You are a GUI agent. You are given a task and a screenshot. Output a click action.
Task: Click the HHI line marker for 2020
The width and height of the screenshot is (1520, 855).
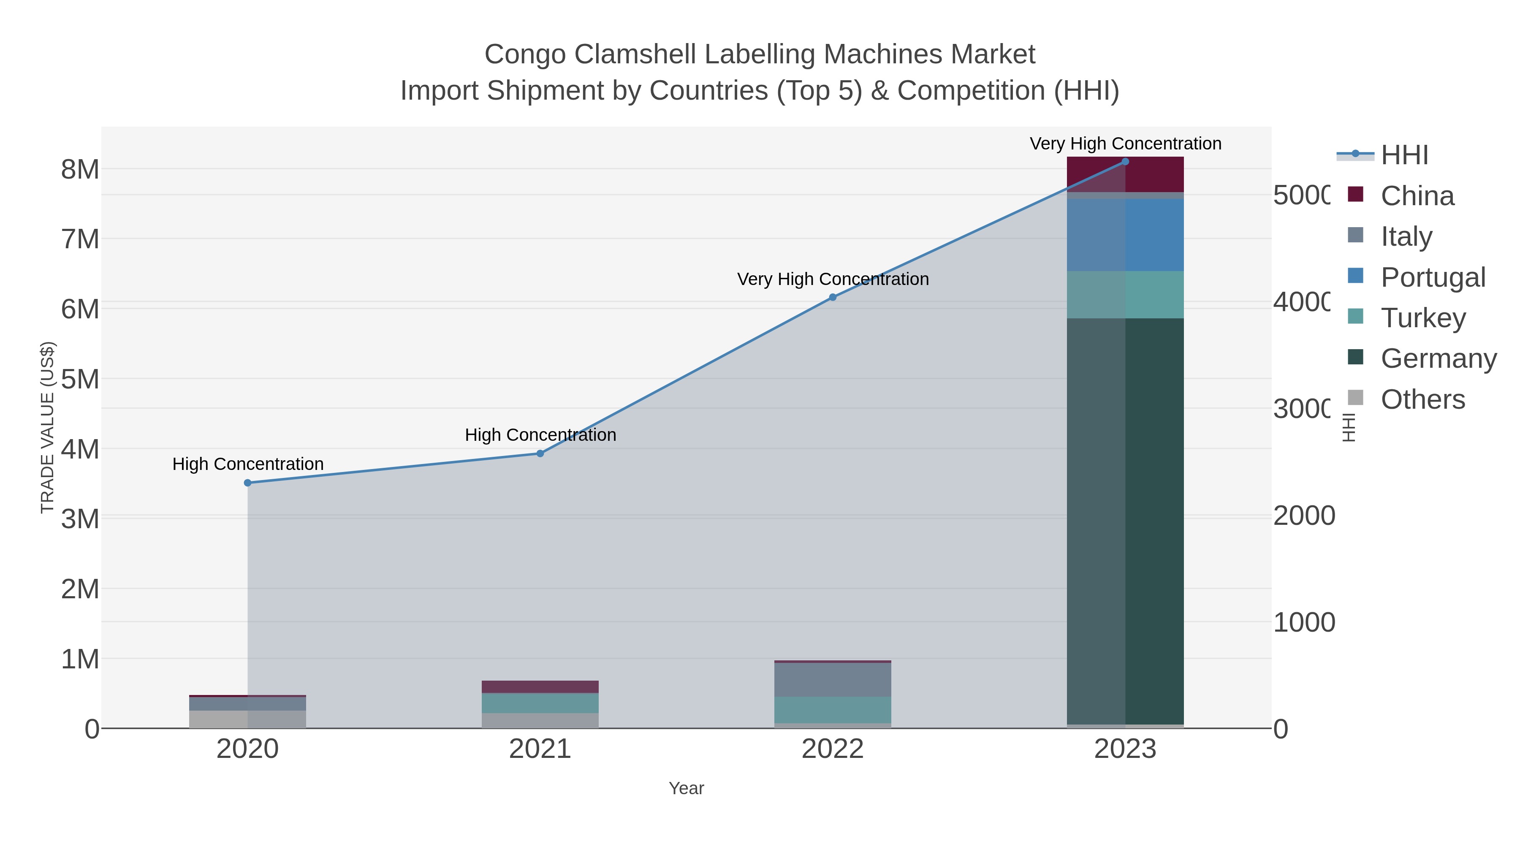click(248, 483)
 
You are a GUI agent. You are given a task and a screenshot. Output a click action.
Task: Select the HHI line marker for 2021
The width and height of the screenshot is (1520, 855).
click(540, 453)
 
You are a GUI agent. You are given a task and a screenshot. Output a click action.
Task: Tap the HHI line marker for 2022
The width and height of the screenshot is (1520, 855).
click(833, 297)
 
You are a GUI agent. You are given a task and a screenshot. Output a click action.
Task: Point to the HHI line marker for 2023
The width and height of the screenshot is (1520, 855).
click(1125, 162)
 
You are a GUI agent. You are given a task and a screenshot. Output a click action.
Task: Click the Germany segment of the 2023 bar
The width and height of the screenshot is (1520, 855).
click(1125, 519)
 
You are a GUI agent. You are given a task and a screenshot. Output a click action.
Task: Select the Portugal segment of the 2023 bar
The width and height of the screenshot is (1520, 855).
click(1125, 235)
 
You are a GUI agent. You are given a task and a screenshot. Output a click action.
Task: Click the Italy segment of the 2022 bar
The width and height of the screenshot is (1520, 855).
click(833, 679)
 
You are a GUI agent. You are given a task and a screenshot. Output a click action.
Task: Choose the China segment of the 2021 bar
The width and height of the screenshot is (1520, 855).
click(540, 687)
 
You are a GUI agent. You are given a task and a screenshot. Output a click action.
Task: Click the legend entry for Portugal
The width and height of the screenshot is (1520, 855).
click(1433, 277)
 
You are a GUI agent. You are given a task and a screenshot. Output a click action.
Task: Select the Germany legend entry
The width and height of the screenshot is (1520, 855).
click(1438, 358)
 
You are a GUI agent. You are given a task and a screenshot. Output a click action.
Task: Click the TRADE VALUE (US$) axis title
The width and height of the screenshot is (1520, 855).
click(47, 427)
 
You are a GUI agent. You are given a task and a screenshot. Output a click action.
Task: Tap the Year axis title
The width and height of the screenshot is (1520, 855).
click(686, 788)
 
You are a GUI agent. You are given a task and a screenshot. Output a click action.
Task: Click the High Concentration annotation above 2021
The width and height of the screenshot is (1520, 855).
click(540, 435)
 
